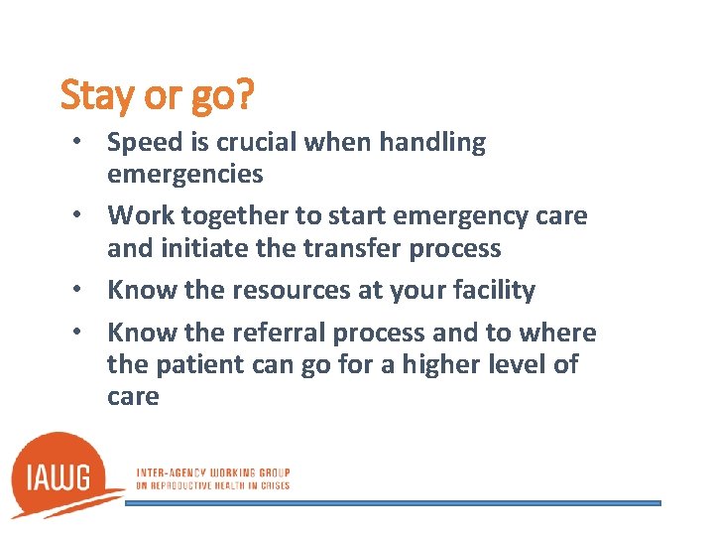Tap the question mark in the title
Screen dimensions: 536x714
pyautogui.click(x=244, y=96)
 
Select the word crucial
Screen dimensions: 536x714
pyautogui.click(x=259, y=143)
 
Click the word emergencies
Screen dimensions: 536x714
pyautogui.click(x=185, y=174)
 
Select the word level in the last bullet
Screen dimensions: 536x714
pyautogui.click(x=512, y=364)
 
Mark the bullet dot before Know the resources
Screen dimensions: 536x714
pyautogui.click(x=86, y=291)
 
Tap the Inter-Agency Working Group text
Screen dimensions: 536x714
pyautogui.click(x=212, y=472)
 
